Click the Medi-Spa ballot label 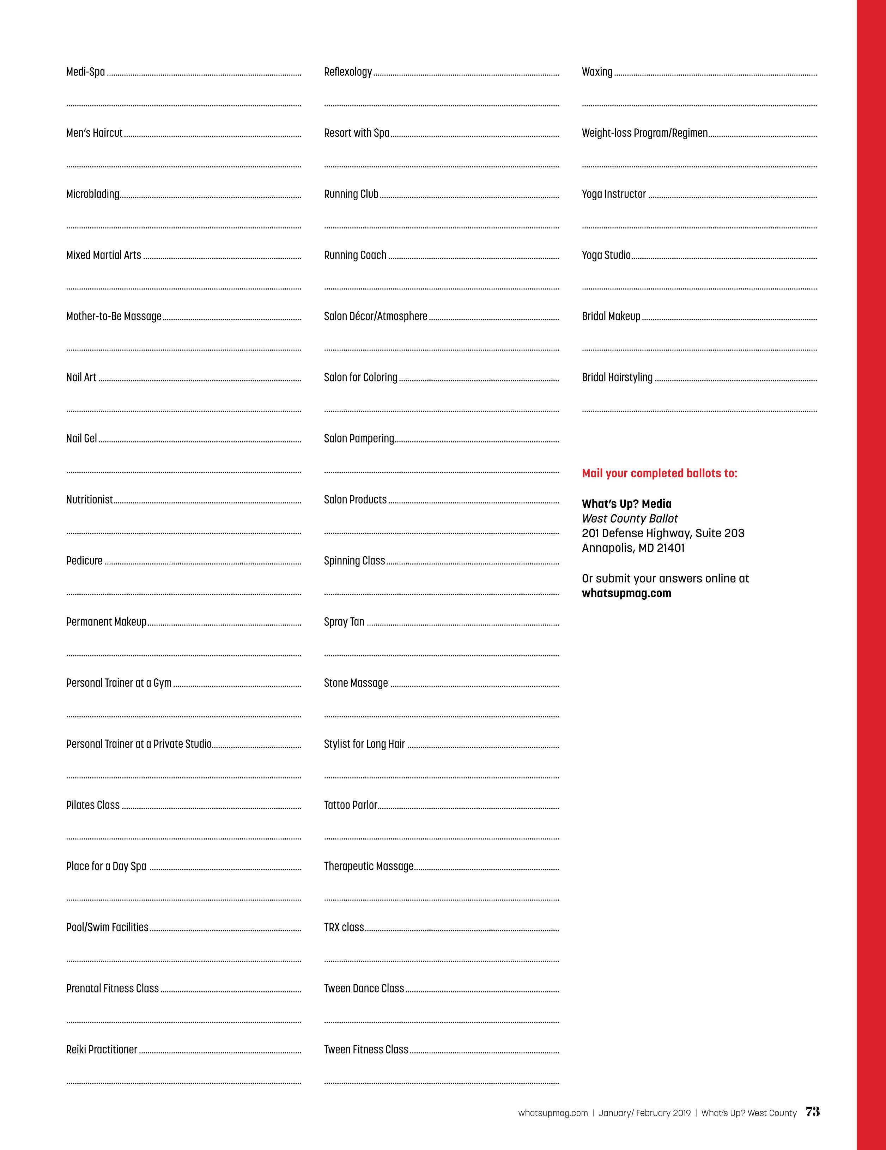[x=85, y=72]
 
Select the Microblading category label [x=93, y=194]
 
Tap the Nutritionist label [x=90, y=500]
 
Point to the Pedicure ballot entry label [x=84, y=561]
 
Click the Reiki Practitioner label [x=102, y=1050]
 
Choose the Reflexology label [x=348, y=72]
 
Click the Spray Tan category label [x=344, y=622]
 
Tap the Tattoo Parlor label [x=350, y=805]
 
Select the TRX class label [x=344, y=927]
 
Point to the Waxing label [x=597, y=72]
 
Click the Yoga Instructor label [x=614, y=194]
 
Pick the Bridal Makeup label [x=611, y=317]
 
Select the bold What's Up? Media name [x=626, y=504]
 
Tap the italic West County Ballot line [x=630, y=519]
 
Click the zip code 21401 [x=670, y=548]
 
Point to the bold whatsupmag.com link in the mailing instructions [x=626, y=593]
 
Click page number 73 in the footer [x=813, y=1112]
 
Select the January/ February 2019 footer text [x=644, y=1113]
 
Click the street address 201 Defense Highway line [x=663, y=533]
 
